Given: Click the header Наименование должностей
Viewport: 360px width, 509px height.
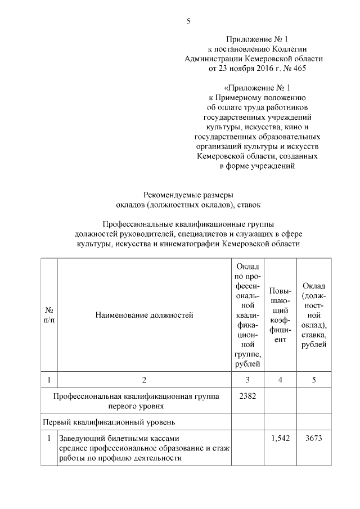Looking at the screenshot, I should [x=144, y=315].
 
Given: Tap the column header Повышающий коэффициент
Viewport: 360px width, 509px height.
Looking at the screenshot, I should [x=281, y=315].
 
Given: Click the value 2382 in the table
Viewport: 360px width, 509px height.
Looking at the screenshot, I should [x=247, y=396].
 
